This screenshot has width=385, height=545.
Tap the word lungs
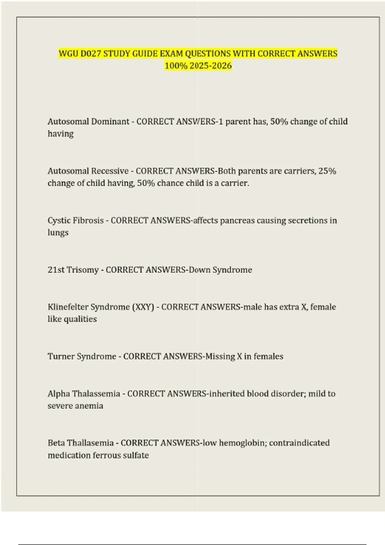(x=58, y=233)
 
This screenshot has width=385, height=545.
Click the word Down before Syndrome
(x=199, y=270)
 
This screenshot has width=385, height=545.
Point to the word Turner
(x=61, y=356)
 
